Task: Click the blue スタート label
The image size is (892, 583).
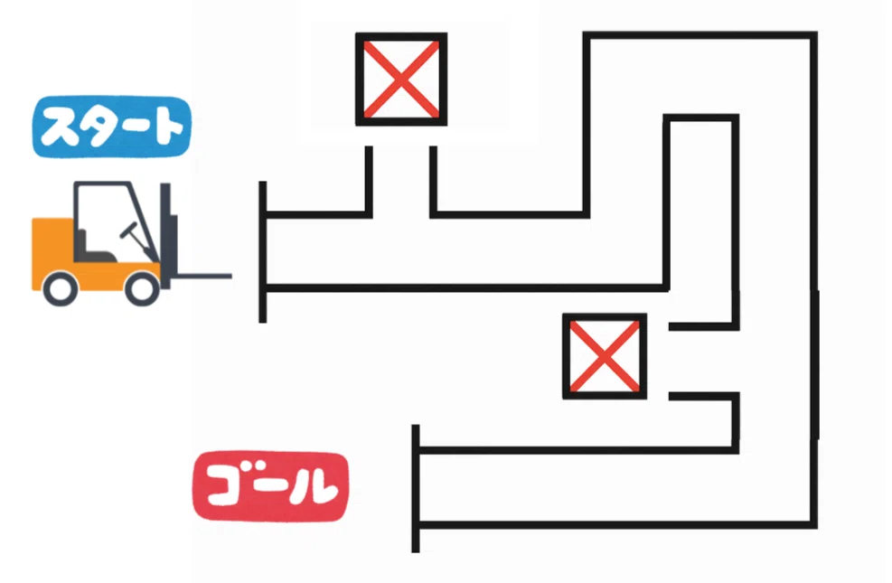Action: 111,127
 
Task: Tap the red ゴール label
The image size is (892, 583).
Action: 271,487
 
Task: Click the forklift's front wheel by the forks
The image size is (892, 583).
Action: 142,288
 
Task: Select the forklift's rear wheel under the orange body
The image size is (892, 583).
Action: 61,288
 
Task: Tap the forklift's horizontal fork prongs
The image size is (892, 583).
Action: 202,277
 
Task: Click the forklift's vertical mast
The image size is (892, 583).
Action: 166,233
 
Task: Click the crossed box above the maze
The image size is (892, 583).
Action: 401,79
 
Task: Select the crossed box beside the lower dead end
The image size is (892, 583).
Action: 605,356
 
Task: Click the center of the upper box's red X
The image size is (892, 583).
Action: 401,79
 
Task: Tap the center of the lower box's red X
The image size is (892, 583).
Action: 605,356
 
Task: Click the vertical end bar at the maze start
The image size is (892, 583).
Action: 263,252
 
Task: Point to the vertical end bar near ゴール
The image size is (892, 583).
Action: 416,488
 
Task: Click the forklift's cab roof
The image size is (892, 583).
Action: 102,184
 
